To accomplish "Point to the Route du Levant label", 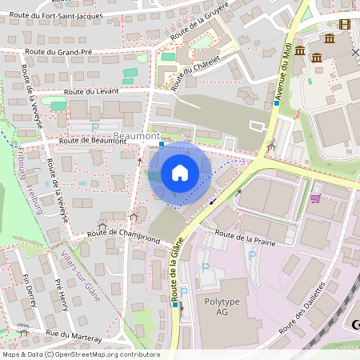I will click(91, 92).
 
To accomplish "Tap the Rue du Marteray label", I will click(74, 336).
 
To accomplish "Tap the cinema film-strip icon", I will click(345, 25).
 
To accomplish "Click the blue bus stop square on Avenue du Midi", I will click(277, 103).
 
